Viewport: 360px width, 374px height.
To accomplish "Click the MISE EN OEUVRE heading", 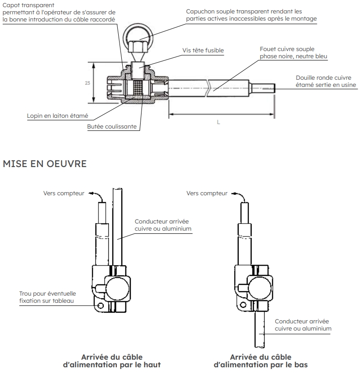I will point(44,164).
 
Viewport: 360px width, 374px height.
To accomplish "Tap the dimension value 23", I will point(86,83).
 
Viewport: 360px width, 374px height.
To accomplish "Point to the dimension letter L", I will point(219,122).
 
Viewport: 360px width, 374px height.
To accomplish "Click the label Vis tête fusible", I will point(203,51).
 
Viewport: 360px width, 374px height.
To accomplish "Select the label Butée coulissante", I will point(111,127).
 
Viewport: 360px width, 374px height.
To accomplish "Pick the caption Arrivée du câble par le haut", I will point(111,361).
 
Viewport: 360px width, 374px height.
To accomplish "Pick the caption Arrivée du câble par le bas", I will point(260,361).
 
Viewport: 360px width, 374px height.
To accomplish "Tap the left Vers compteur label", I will point(64,193).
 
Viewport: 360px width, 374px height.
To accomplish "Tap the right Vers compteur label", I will point(206,193).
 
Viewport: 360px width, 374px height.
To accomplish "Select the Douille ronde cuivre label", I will point(326,77).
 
